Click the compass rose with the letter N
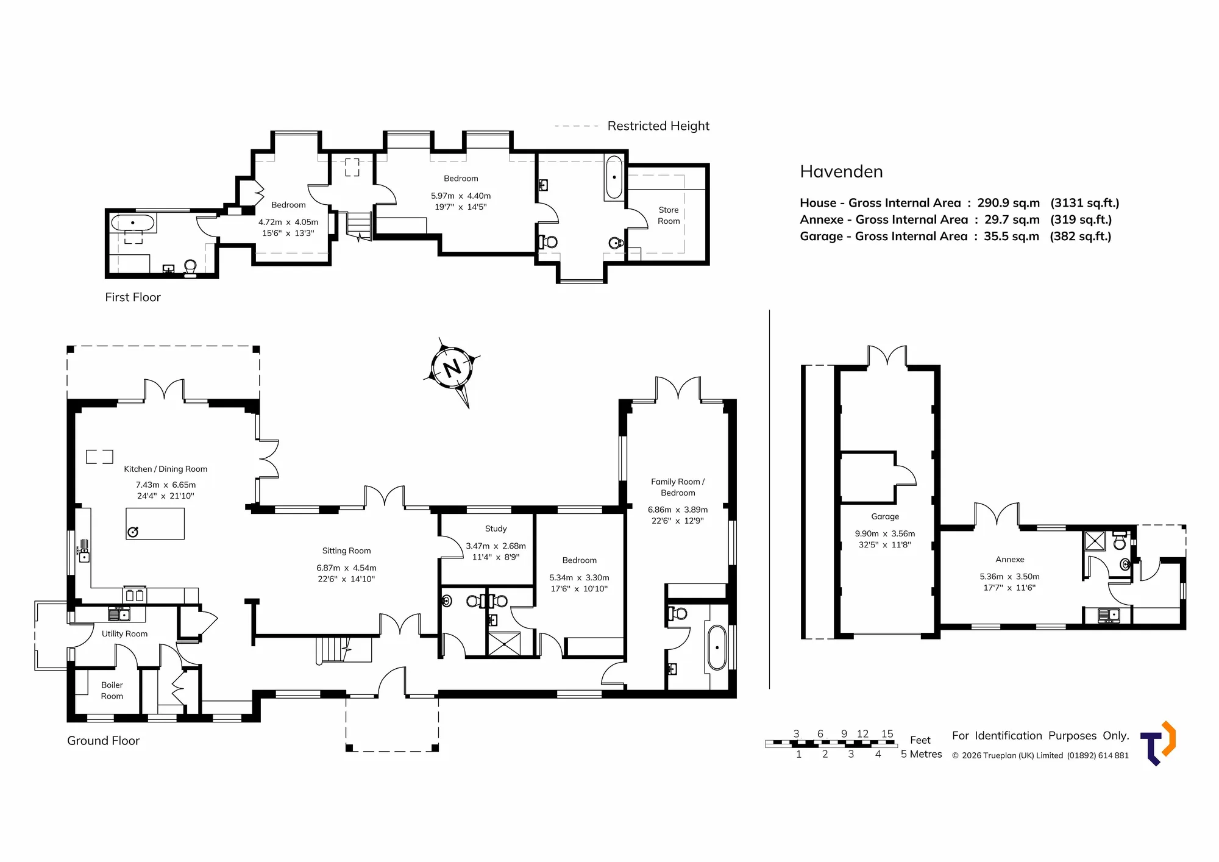[452, 369]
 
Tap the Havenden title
[841, 172]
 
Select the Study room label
[496, 529]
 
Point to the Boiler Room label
[112, 690]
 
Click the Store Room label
[669, 215]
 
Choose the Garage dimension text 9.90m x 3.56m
[885, 533]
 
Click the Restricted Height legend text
[658, 126]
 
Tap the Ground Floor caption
[103, 741]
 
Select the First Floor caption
[133, 297]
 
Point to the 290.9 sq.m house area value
[1009, 203]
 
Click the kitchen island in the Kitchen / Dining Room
[155, 523]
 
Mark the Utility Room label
[124, 634]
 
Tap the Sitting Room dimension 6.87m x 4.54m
[346, 568]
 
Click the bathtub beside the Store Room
[614, 177]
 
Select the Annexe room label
[1010, 560]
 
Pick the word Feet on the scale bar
[920, 740]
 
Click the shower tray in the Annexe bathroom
[1095, 541]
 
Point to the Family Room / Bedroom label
[678, 487]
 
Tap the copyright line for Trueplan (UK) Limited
[1040, 755]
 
